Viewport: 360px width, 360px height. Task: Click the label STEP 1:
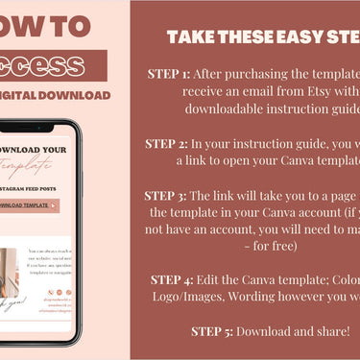tap(170, 73)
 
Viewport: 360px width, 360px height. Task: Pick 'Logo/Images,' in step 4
tap(192, 297)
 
